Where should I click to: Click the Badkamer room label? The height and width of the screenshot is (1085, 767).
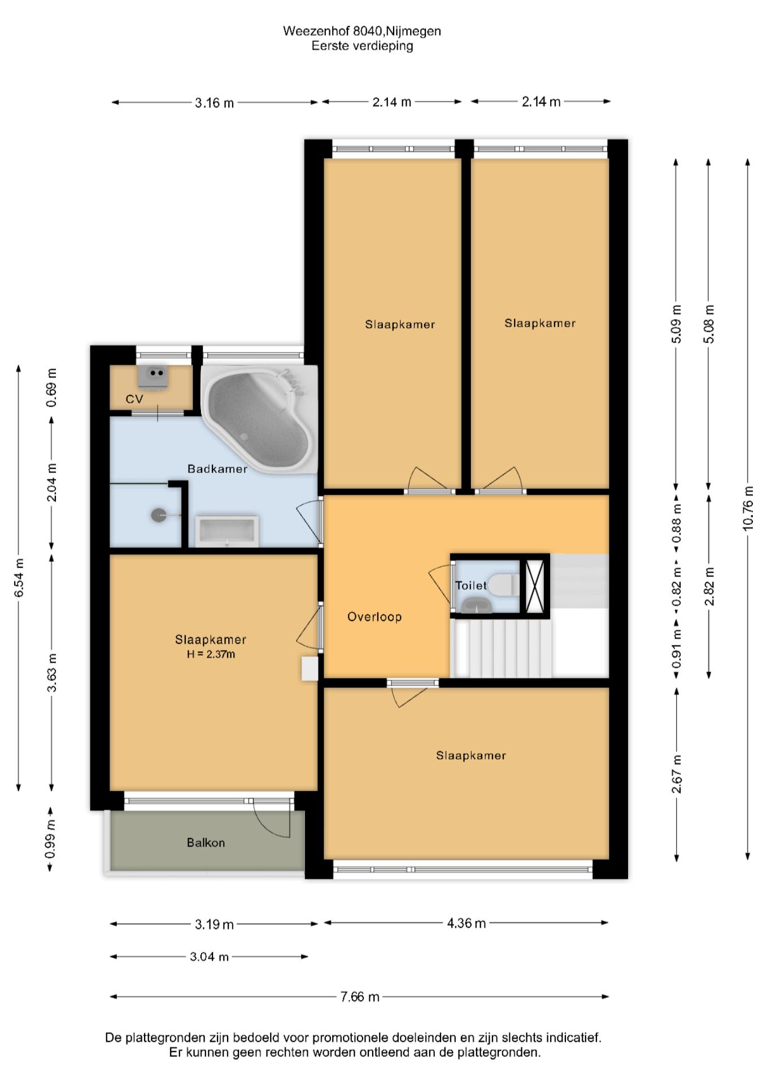point(217,469)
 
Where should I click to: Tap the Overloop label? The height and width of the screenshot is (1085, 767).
point(374,617)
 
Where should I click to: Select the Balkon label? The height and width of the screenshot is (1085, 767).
point(206,843)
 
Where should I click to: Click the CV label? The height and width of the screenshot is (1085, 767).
point(134,399)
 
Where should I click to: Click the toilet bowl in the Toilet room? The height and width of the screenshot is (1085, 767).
point(503,585)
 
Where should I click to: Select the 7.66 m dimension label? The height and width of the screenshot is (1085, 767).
point(360,996)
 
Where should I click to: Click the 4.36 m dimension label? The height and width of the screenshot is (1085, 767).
point(467,923)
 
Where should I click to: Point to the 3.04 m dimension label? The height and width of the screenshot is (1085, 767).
point(209,957)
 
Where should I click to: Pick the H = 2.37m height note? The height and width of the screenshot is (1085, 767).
point(211,654)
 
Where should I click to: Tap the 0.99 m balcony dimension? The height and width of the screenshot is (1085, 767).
point(50,839)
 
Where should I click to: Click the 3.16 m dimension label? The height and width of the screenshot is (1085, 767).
point(214,103)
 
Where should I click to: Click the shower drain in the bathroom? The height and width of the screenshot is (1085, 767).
point(159,515)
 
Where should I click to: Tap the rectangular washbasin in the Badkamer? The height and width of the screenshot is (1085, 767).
point(227,531)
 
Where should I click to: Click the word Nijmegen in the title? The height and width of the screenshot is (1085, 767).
point(413,32)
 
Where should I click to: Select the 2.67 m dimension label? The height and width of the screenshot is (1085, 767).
point(677,774)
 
